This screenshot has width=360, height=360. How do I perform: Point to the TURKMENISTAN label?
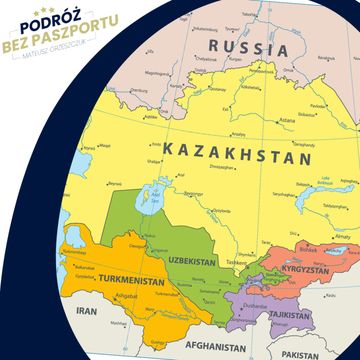pos(122,282)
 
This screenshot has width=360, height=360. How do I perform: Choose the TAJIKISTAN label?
pos(282,313)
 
